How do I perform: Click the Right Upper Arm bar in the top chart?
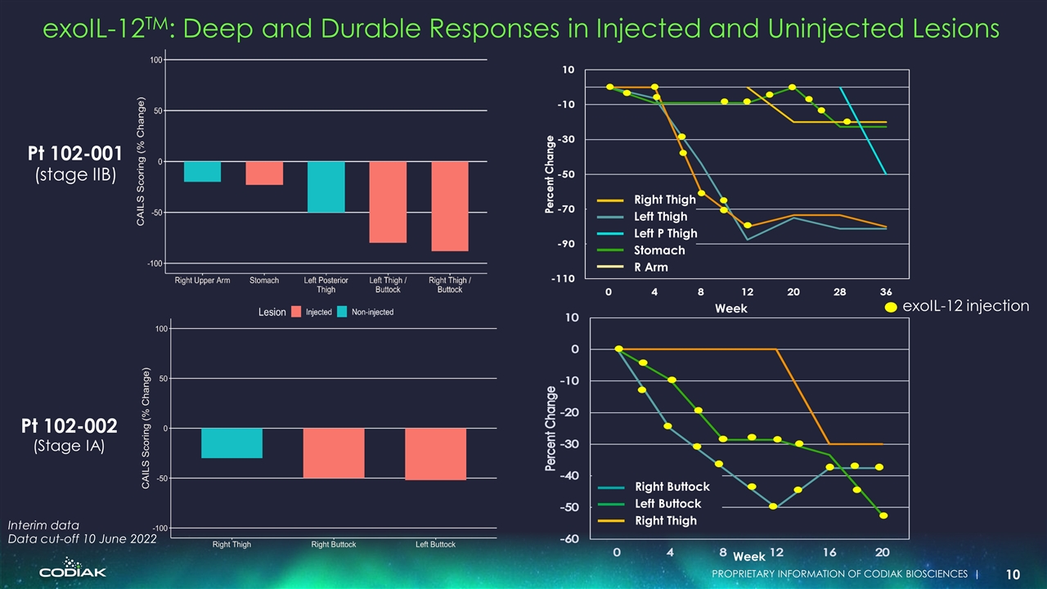(202, 172)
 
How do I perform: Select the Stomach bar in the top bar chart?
(264, 173)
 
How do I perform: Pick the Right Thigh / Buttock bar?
(449, 206)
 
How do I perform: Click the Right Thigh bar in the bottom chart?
(231, 443)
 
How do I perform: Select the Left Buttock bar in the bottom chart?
(435, 454)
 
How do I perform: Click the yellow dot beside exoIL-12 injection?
(890, 307)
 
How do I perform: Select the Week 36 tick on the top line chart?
(886, 292)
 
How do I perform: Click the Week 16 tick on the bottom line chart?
(830, 552)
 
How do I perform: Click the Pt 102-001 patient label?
(74, 153)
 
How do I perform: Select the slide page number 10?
(1013, 574)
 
